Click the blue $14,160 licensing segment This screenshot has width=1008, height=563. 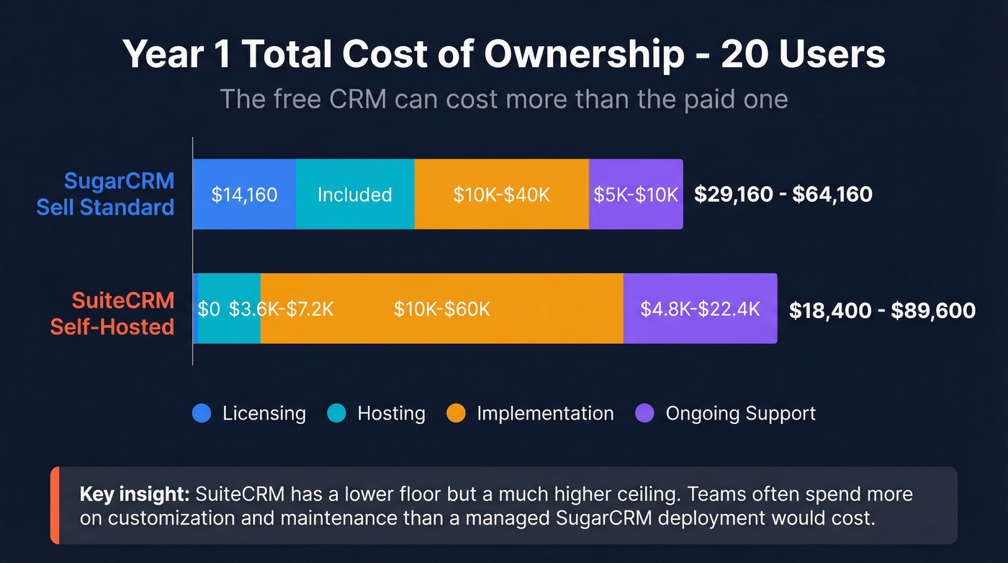coord(244,195)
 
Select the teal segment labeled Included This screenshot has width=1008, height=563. coord(355,195)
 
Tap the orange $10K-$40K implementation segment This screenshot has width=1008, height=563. coord(501,195)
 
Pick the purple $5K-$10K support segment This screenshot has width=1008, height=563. coord(636,195)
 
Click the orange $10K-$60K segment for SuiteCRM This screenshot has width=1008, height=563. coord(441,309)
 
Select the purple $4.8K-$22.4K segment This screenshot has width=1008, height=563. coord(700,309)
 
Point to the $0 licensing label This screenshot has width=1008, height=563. coord(209,309)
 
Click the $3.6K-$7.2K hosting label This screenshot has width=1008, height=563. coord(282,309)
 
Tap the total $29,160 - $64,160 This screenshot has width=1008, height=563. coord(783,194)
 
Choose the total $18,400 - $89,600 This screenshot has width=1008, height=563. coord(882,310)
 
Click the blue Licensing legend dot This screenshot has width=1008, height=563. coord(202,414)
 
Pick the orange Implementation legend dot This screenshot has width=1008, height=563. coord(456,414)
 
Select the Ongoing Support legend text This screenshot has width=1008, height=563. coord(740,414)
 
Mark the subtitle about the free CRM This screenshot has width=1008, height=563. coord(503,99)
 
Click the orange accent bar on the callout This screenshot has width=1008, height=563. coord(55,505)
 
